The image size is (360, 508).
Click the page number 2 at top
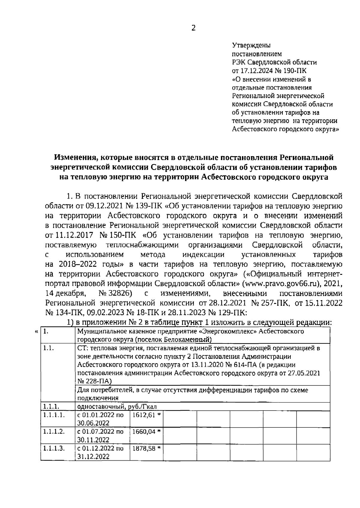coord(193,28)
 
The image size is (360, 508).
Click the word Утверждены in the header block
coord(251,46)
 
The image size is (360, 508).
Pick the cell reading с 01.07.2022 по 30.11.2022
coord(100,435)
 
